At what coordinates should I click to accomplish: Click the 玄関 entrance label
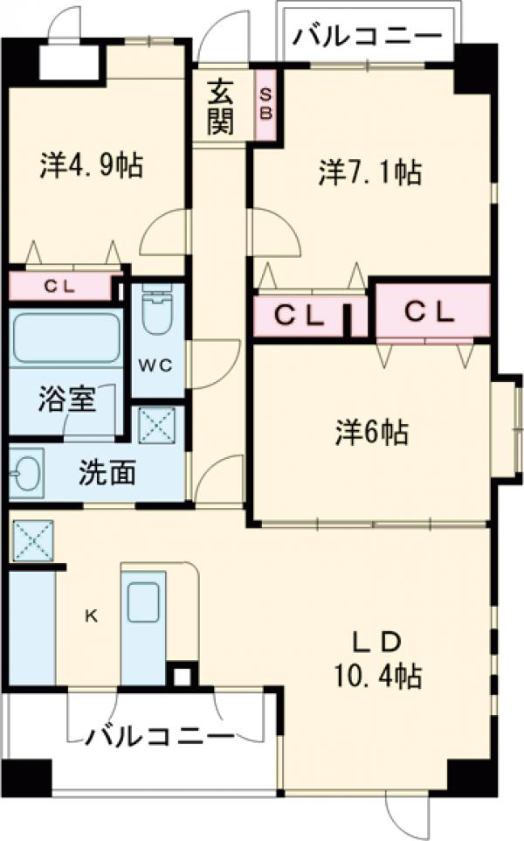(221, 107)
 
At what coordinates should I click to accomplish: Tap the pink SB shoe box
(266, 104)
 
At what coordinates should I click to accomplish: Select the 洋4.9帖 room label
(91, 165)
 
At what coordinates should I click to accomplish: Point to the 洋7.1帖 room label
(370, 173)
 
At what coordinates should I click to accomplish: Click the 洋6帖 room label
(372, 431)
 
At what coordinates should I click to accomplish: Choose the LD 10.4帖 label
(376, 659)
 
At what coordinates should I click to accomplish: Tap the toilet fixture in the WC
(157, 314)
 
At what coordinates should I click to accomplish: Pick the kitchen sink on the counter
(141, 603)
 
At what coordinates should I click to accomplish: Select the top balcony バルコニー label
(367, 36)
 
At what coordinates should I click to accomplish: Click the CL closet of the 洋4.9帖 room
(60, 286)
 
